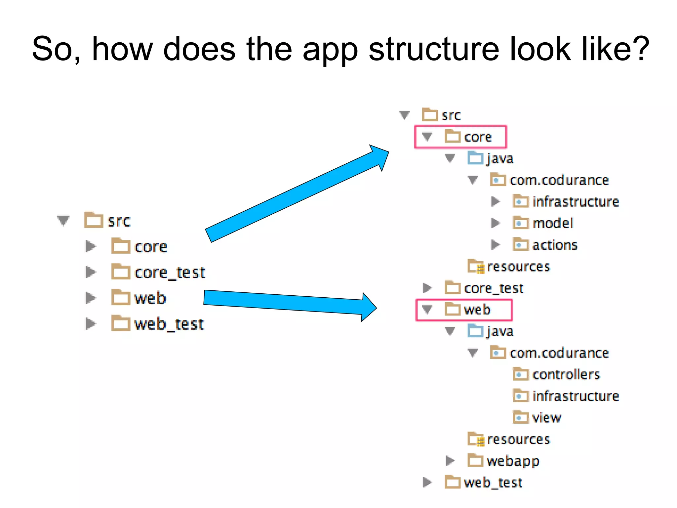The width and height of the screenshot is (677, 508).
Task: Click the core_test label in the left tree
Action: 170,273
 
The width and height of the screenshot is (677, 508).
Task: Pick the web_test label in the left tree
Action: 169,324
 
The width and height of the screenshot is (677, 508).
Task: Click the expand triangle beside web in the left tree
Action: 90,298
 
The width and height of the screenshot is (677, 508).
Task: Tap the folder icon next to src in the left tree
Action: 94,220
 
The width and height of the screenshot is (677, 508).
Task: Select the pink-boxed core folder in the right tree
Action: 460,137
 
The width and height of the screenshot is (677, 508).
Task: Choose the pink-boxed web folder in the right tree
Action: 464,310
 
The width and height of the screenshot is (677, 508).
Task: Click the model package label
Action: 553,223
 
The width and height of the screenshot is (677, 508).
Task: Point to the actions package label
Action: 555,245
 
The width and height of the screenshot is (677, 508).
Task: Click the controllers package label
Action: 566,375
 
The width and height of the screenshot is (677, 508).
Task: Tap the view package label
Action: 546,418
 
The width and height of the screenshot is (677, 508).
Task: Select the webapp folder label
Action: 513,461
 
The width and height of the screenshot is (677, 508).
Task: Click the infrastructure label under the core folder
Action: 576,202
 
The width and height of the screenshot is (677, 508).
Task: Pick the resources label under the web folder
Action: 518,440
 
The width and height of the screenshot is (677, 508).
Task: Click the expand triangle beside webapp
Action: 450,461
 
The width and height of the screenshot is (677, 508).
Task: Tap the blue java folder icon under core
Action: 475,158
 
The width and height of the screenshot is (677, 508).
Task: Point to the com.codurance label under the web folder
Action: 559,353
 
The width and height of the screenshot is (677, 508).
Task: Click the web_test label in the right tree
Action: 493,483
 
